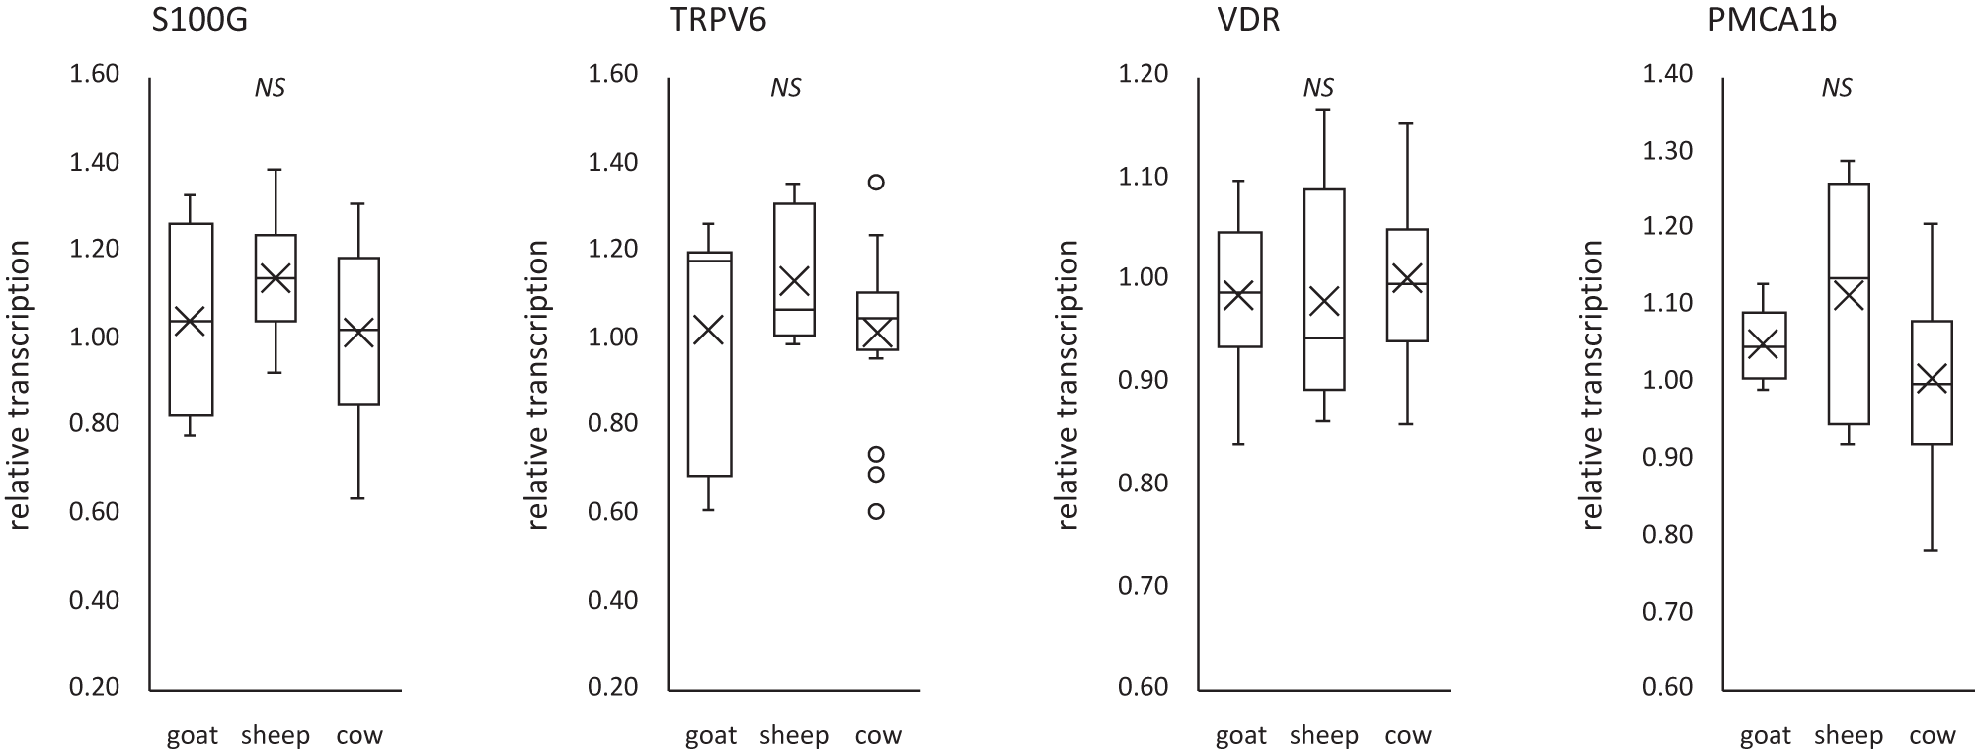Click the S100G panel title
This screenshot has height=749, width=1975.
coord(199,20)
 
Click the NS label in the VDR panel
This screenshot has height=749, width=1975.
coord(1318,88)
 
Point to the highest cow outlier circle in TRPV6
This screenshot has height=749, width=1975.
coord(875,182)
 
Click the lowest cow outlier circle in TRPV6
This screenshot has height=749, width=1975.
coord(875,511)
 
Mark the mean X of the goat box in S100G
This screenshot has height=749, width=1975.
coord(191,322)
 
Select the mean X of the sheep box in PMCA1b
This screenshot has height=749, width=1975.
coord(1848,295)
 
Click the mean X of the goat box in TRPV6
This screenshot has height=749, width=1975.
coord(709,330)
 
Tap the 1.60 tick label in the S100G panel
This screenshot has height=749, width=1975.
coord(94,74)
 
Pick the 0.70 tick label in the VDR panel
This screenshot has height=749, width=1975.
coord(1144,585)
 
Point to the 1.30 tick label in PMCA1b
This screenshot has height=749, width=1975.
coord(1667,151)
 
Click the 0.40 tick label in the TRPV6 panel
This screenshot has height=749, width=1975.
coord(612,600)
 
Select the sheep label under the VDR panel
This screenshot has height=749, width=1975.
coord(1324,735)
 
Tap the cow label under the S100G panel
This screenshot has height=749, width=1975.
coord(358,735)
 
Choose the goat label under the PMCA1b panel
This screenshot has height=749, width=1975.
coord(1765,735)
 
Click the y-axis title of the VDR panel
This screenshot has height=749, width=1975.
coord(1068,385)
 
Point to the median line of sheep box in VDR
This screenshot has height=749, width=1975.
coord(1324,338)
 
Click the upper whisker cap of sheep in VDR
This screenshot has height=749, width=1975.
coord(1324,110)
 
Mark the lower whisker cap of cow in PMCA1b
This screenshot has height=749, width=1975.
coord(1932,550)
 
